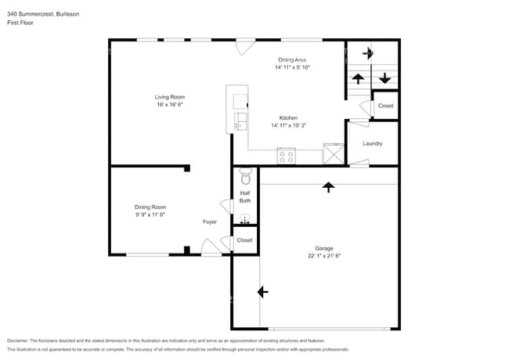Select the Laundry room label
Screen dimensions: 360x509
click(373, 143)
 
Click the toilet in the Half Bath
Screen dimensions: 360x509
click(245, 175)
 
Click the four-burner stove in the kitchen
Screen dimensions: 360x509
click(286, 157)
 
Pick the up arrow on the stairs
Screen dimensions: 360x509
click(358, 77)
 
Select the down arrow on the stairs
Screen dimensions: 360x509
click(384, 77)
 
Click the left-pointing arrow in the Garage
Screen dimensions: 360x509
click(262, 291)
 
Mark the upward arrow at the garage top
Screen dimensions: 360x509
click(327, 186)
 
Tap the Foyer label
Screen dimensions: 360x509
click(210, 221)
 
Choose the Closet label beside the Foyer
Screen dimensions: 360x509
click(245, 240)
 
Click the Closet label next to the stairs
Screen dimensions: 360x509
click(385, 106)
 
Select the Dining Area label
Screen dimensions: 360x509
click(292, 59)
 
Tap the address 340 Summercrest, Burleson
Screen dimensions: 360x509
click(42, 14)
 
